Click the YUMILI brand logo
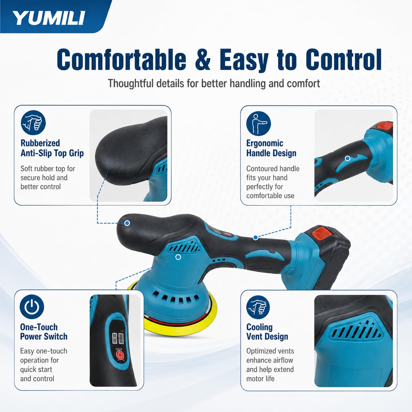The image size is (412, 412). click(x=49, y=18)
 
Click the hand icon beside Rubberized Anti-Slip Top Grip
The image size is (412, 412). click(x=33, y=123)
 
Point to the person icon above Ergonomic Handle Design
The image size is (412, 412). click(x=259, y=123)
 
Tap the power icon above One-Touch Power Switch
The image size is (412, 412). click(x=32, y=307)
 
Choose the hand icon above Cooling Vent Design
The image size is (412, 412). click(x=258, y=307)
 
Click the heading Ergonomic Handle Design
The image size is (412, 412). click(x=271, y=148)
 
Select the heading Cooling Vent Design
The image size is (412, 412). click(x=267, y=332)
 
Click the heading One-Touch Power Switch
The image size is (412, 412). click(x=44, y=332)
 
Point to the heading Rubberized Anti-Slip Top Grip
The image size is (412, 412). click(x=52, y=148)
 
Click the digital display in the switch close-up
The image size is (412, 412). click(x=118, y=338)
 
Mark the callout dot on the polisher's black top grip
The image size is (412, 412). click(x=127, y=223)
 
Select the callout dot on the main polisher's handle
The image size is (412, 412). click(x=256, y=238)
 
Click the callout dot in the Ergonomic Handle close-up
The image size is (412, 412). click(x=348, y=158)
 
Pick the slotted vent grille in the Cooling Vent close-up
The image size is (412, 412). click(x=356, y=331)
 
